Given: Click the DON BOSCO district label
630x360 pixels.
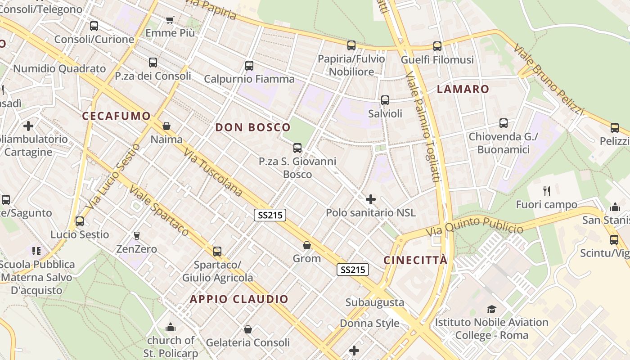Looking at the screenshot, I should click(252, 127).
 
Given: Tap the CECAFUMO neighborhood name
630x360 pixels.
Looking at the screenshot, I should click(116, 116).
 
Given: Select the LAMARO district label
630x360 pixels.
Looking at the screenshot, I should click(463, 89).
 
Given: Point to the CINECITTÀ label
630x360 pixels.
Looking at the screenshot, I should click(416, 261).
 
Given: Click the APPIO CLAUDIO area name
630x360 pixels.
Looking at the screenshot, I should click(239, 299).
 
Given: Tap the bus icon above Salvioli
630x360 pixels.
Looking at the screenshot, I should click(385, 100).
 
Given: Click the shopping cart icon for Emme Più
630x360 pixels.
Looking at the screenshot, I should click(170, 20).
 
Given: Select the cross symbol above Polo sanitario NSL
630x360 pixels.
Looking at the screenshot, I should click(370, 199).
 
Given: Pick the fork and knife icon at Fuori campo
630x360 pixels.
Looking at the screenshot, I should click(547, 191).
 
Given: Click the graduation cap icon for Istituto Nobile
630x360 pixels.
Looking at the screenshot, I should click(491, 309).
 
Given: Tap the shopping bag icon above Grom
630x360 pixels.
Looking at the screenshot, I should click(306, 245).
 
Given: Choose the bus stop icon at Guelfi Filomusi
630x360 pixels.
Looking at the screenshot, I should click(437, 46).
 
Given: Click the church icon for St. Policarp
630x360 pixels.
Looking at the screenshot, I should click(171, 327).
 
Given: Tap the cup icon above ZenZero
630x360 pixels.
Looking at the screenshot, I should click(136, 235).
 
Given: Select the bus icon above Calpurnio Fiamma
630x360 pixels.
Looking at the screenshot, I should click(249, 66).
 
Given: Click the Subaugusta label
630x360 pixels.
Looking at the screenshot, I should click(374, 302).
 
